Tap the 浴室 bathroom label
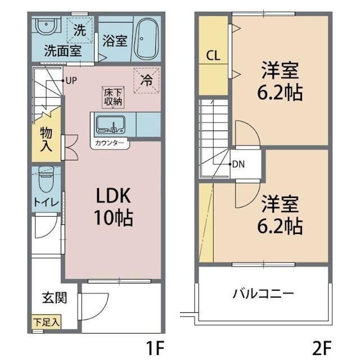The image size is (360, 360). (x=114, y=41)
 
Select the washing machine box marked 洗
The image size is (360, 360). (x=80, y=31)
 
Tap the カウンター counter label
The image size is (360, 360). (x=111, y=143)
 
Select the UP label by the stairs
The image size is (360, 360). (x=70, y=80)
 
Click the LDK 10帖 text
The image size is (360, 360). (x=112, y=206)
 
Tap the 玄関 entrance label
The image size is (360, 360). (x=55, y=298)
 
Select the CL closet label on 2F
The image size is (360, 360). (x=213, y=55)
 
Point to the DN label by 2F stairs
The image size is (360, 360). (x=238, y=165)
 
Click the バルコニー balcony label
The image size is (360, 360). (x=264, y=294)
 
